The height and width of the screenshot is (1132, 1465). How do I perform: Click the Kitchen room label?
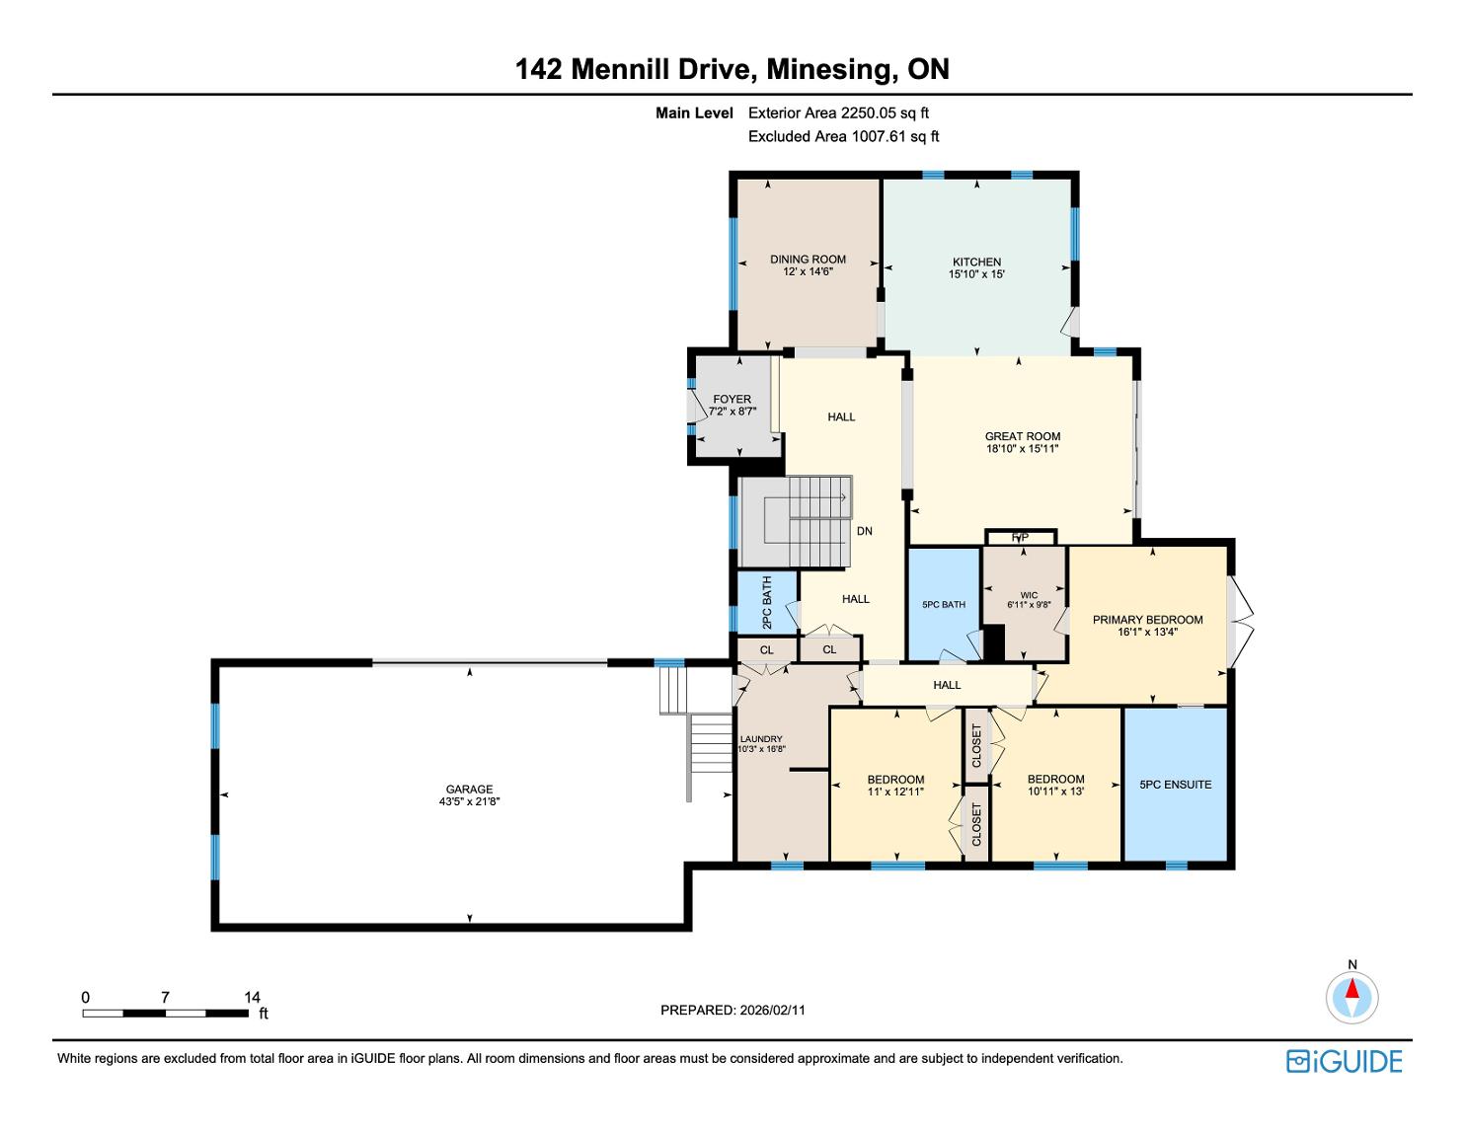pyautogui.click(x=976, y=262)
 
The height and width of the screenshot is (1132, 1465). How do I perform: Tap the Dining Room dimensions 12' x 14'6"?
pyautogui.click(x=808, y=271)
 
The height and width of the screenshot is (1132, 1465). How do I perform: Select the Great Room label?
pyautogui.click(x=1022, y=436)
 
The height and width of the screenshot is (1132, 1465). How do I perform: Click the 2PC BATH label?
pyautogui.click(x=766, y=602)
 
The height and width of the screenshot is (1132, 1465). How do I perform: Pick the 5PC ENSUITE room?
pyautogui.click(x=1175, y=785)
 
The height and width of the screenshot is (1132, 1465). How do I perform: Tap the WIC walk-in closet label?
pyautogui.click(x=1029, y=595)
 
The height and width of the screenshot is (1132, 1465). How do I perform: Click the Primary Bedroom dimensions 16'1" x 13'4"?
pyautogui.click(x=1147, y=632)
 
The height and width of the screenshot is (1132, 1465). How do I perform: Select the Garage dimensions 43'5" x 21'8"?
pyautogui.click(x=469, y=801)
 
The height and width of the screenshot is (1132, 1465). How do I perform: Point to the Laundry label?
pyautogui.click(x=761, y=739)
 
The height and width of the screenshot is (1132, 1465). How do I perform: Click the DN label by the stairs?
pyautogui.click(x=865, y=531)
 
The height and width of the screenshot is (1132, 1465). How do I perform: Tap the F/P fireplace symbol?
pyautogui.click(x=1021, y=538)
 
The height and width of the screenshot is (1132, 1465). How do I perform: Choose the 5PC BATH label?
pyautogui.click(x=943, y=604)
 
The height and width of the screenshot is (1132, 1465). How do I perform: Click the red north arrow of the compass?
pyautogui.click(x=1351, y=988)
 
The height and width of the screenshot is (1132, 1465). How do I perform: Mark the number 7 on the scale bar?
pyautogui.click(x=165, y=997)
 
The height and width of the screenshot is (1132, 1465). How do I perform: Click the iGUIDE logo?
pyautogui.click(x=1344, y=1062)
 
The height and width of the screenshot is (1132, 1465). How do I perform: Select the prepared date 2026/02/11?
pyautogui.click(x=772, y=1010)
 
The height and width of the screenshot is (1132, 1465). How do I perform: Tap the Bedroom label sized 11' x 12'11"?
pyautogui.click(x=895, y=780)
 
